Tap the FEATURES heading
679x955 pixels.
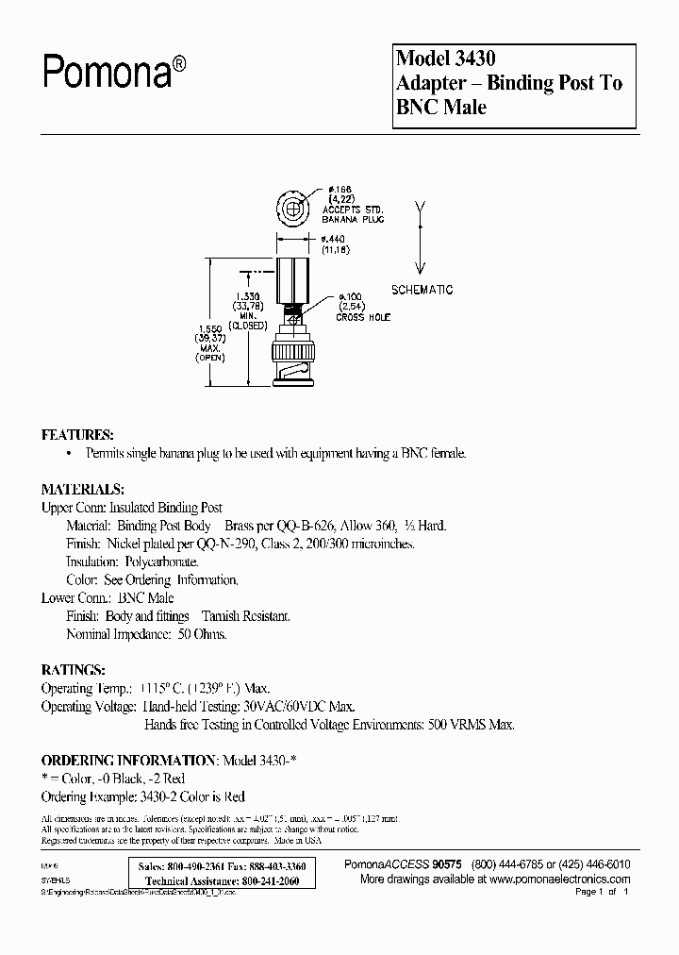point(77,435)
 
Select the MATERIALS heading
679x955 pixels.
point(82,490)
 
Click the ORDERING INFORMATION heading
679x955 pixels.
point(129,760)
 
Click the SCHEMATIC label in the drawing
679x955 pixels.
point(422,290)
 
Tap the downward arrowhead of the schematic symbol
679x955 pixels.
point(422,267)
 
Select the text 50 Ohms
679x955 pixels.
point(201,634)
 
